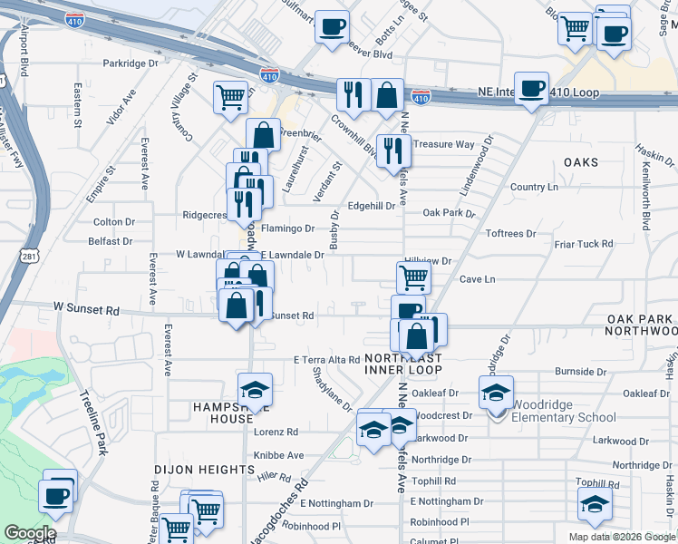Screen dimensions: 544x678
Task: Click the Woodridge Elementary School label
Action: pos(563,411)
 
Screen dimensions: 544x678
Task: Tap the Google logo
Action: pos(29,533)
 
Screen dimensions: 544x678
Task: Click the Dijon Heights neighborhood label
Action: pos(204,470)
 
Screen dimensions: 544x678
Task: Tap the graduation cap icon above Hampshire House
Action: pos(255,389)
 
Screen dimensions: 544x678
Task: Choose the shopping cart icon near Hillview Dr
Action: pos(413,277)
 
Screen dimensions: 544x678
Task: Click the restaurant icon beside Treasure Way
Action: pos(392,150)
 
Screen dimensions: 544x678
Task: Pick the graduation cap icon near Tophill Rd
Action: pos(594,503)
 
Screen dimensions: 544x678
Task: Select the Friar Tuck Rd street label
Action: pos(585,244)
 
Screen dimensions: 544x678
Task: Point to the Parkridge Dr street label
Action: pos(131,63)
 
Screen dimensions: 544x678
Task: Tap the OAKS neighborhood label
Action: pos(581,162)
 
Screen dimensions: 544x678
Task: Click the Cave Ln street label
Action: pos(478,279)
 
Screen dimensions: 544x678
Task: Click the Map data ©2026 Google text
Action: pos(622,537)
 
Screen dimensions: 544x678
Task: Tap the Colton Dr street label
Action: pos(113,222)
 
